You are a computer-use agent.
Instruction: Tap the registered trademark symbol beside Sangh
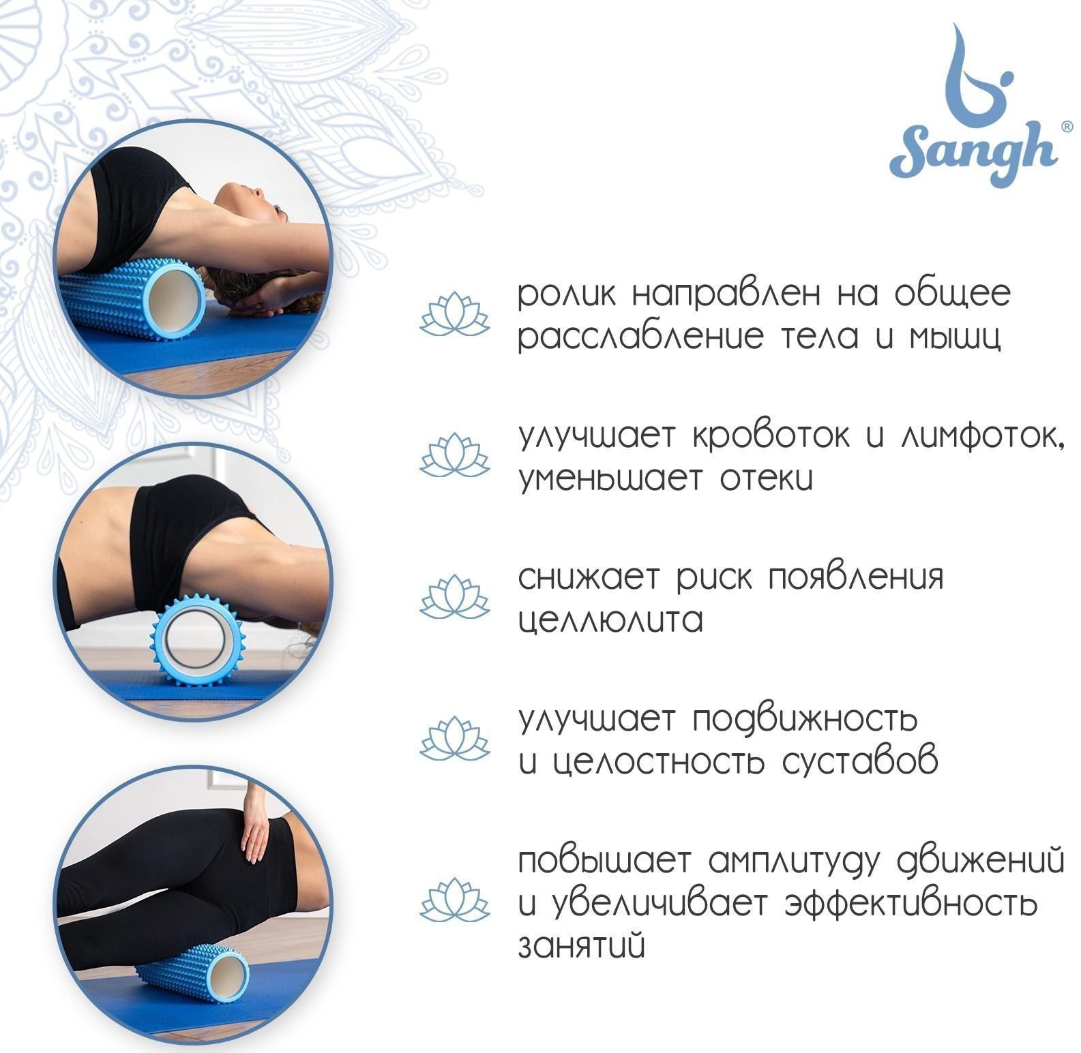tap(1067, 127)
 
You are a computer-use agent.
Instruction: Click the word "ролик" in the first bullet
tap(567, 295)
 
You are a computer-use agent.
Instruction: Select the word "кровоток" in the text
tap(773, 436)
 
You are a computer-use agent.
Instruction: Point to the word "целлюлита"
tap(610, 621)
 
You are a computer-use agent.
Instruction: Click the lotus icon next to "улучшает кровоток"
tap(454, 455)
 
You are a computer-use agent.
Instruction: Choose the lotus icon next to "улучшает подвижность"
tap(454, 738)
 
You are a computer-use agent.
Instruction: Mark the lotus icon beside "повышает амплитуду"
tap(454, 898)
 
